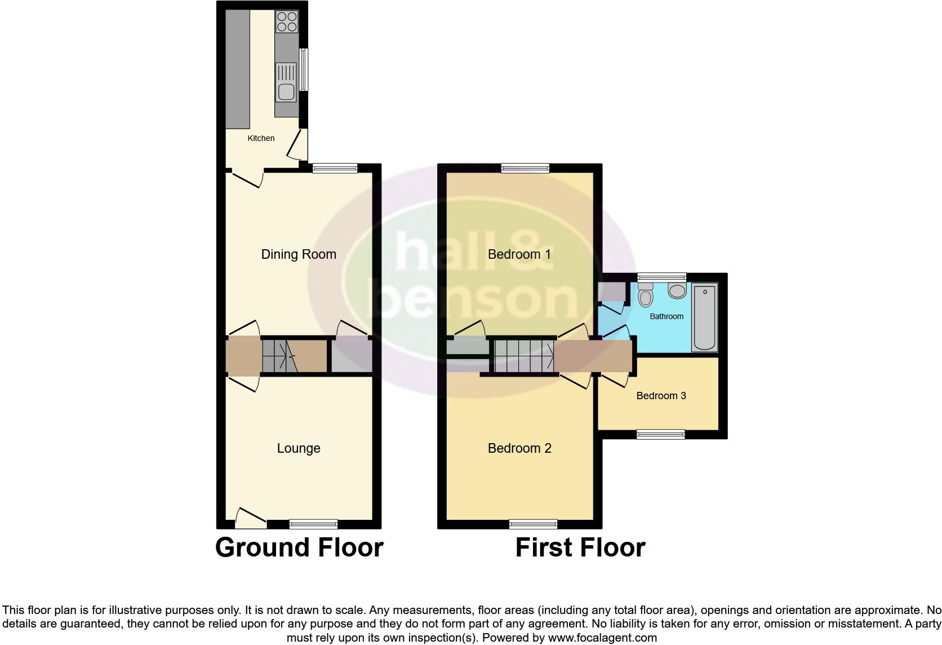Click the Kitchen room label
tap(261, 138)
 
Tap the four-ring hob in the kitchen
tap(287, 22)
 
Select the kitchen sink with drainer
tap(286, 82)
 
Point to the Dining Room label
tap(299, 254)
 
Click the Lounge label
tap(299, 448)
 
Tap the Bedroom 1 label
tap(519, 254)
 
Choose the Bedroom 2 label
tap(519, 448)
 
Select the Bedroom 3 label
tap(661, 396)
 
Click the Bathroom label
tap(666, 316)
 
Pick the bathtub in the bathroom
tap(705, 317)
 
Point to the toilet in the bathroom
tap(646, 294)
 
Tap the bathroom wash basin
tap(677, 290)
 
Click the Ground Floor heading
tap(299, 547)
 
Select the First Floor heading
tap(580, 547)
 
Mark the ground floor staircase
tap(279, 356)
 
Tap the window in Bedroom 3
tap(661, 434)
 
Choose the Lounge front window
tap(314, 524)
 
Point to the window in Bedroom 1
tap(525, 167)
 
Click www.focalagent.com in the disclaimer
tap(602, 638)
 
